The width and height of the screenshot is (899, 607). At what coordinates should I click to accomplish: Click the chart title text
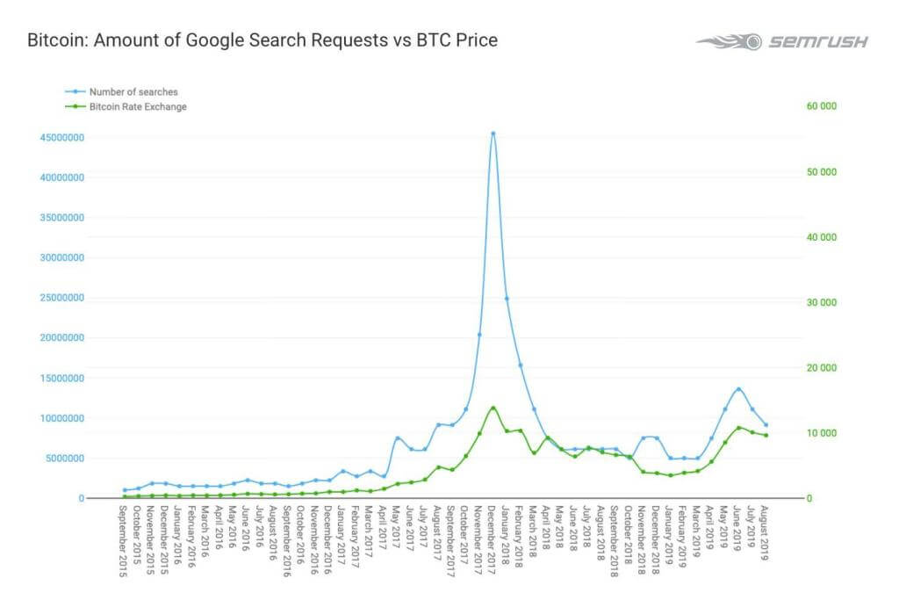coord(263,40)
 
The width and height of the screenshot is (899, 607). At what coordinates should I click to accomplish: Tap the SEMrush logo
coord(782,41)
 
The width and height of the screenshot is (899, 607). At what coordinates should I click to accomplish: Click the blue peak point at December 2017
coord(493,134)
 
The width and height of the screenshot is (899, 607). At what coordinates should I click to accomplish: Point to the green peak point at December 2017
coord(493,408)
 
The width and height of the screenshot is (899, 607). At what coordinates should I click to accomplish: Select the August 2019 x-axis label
coord(766,535)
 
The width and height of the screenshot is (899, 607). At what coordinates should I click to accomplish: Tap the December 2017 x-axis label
coord(493,541)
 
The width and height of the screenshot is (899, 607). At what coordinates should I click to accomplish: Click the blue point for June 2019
coord(738,388)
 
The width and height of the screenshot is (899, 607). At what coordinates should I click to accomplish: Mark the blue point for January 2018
coord(507,299)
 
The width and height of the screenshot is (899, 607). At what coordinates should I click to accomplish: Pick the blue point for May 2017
coord(398,437)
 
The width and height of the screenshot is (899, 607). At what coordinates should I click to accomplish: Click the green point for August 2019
coord(766,436)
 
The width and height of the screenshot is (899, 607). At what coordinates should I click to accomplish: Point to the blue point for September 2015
coord(125,490)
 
